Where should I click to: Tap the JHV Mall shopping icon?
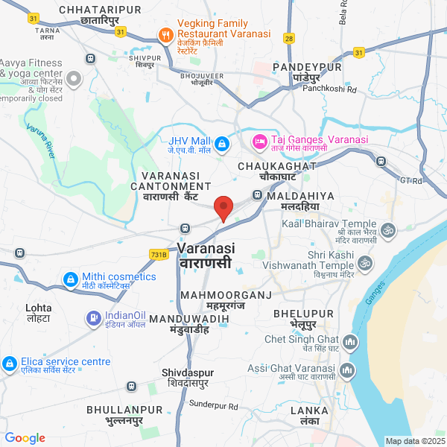pos(221,142)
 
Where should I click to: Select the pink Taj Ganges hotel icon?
pos(259,140)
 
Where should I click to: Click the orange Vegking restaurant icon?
pos(165,34)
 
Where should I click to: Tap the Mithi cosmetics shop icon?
pos(70,279)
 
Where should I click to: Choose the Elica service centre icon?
pos(10,364)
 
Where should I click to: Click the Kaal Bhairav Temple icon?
pos(387,230)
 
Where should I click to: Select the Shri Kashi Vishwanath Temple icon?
pos(366,263)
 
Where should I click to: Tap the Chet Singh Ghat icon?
pos(352,343)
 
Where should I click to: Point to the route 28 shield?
pos(289,37)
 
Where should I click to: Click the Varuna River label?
pos(41,142)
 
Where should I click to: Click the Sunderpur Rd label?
pos(213,406)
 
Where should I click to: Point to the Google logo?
pos(25,438)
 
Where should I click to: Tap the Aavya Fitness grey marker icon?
pos(74,78)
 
